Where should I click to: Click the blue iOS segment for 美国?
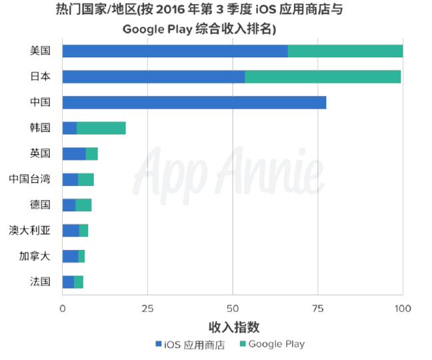coord(175,51)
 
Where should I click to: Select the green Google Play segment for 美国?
coord(345,51)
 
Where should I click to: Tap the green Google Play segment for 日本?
coord(323,77)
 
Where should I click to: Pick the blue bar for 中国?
coord(194,103)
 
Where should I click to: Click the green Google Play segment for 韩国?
coord(101,128)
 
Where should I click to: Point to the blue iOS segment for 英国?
coord(74,153)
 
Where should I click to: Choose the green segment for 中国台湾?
coord(86,179)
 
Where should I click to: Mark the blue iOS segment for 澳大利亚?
coord(71,231)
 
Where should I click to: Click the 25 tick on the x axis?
coord(147,309)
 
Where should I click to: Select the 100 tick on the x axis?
coord(402,309)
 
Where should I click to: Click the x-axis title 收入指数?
coord(233,327)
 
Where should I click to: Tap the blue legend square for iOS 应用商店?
coord(159,345)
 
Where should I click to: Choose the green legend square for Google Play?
coord(242,345)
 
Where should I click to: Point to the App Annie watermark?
coord(230,170)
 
